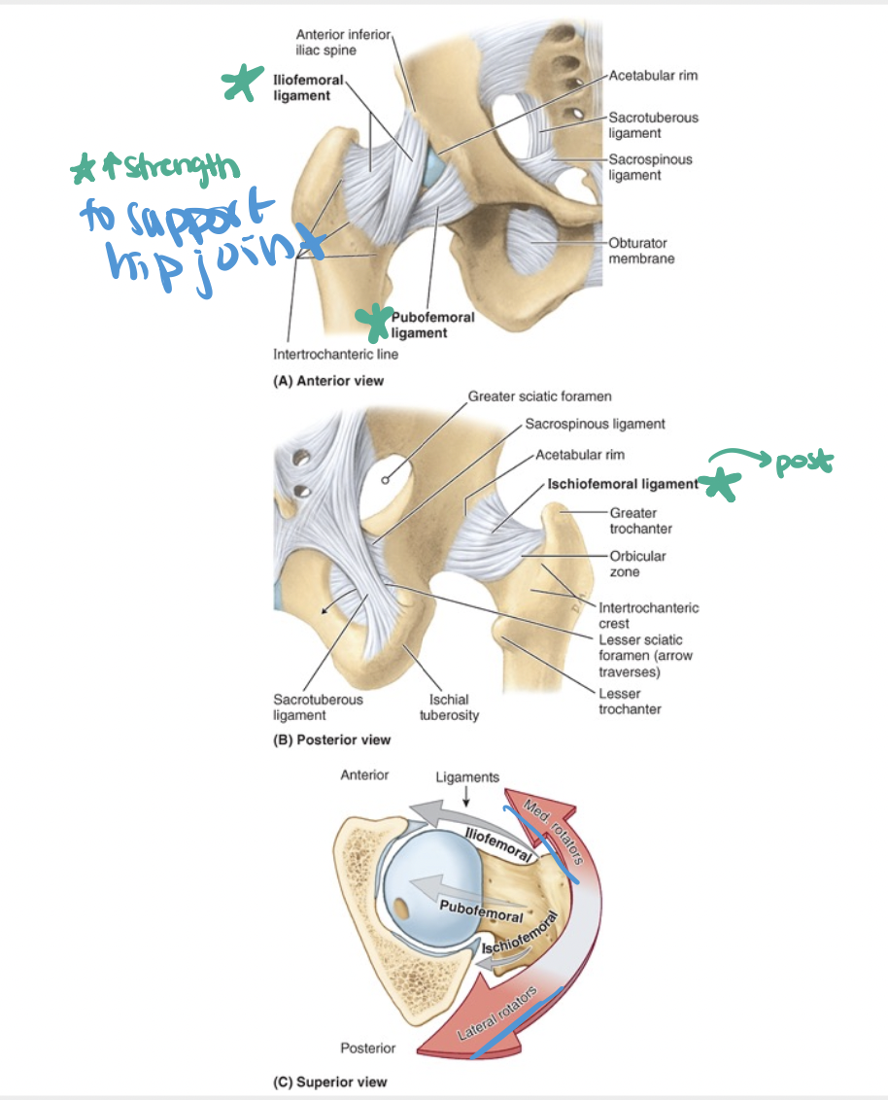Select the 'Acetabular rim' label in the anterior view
(x=653, y=75)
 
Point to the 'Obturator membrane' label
(x=641, y=251)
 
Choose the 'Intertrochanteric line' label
(x=335, y=354)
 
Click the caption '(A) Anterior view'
(x=328, y=381)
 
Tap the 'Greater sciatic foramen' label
(x=539, y=396)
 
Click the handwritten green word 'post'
(x=802, y=464)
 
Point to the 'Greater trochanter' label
(x=640, y=521)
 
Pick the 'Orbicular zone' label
(x=637, y=565)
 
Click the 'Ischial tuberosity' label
(x=448, y=706)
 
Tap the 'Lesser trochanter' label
(x=630, y=701)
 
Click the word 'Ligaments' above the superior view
(x=467, y=776)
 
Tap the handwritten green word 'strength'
(x=174, y=169)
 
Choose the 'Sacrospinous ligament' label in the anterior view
(x=650, y=166)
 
